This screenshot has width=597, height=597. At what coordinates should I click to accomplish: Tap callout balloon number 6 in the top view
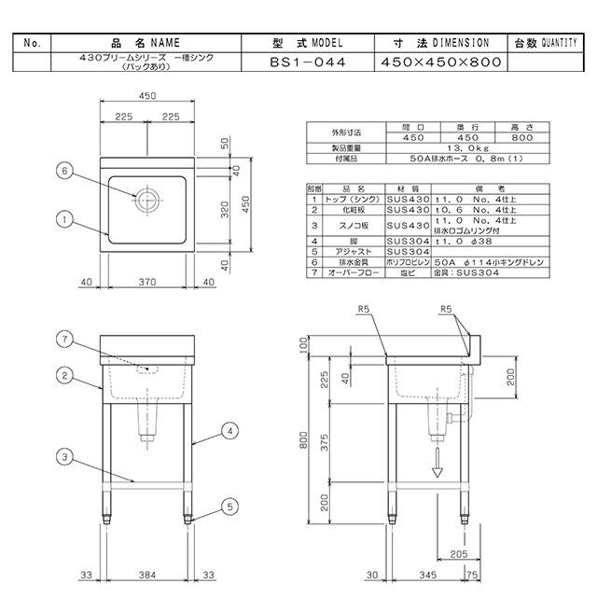pyautogui.click(x=63, y=171)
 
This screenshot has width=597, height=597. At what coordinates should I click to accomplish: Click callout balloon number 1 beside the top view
pyautogui.click(x=63, y=220)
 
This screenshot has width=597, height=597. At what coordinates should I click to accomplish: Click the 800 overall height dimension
pyautogui.click(x=302, y=446)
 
